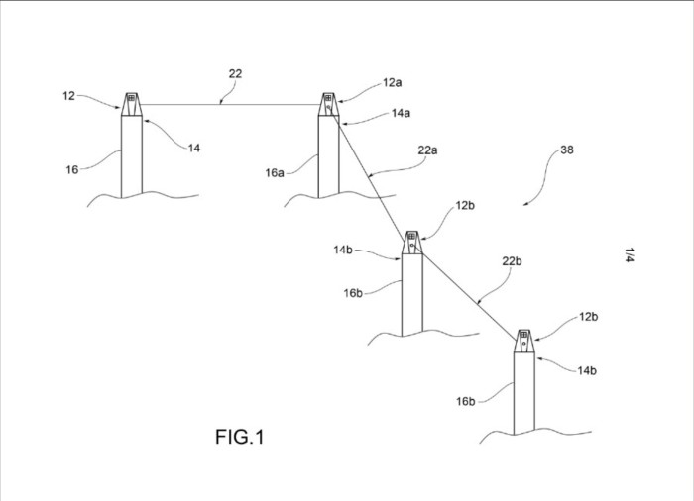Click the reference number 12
[68, 95]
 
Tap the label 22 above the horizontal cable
[235, 73]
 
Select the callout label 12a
[393, 83]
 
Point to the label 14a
[401, 113]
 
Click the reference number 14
[194, 149]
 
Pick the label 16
[71, 169]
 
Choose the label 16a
[275, 173]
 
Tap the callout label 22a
[427, 150]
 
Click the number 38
[567, 150]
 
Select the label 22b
[512, 261]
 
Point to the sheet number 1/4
[629, 255]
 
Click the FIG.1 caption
[240, 437]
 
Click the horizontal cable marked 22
[230, 105]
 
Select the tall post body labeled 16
[132, 156]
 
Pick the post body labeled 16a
[329, 156]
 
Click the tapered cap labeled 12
[132, 104]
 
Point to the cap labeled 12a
[329, 104]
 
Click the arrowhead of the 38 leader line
[525, 204]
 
